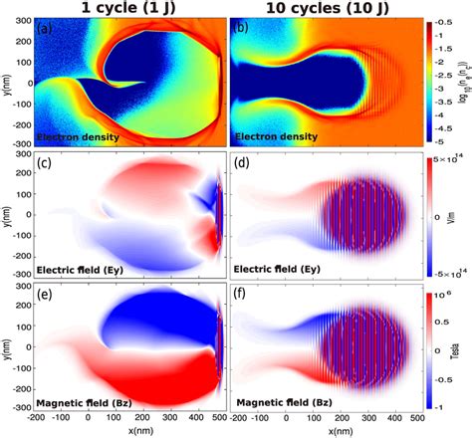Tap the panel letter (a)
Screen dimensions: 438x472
tap(45, 26)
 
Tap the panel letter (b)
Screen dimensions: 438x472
tap(242, 26)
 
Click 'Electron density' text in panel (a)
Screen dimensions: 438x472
tap(81, 132)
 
